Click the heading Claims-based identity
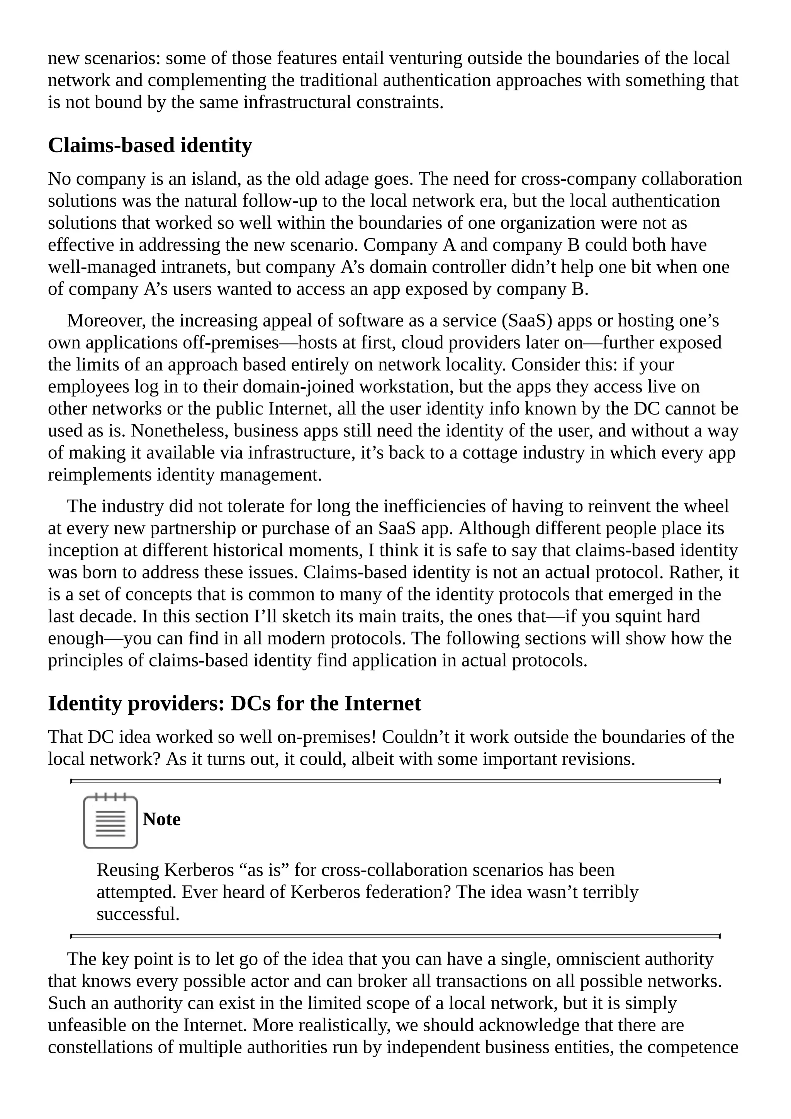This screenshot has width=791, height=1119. (x=150, y=145)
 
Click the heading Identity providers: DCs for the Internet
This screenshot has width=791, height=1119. (x=234, y=703)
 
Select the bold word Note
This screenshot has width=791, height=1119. (x=161, y=819)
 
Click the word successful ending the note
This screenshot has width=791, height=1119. (x=138, y=914)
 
